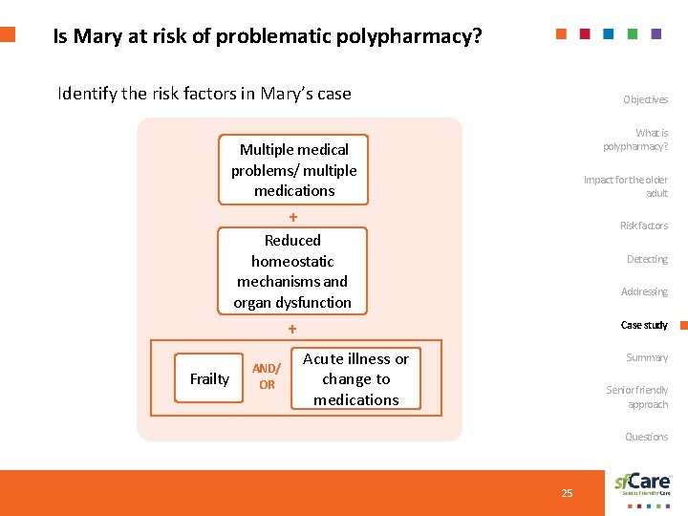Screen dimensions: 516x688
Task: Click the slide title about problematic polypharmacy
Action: [x=268, y=37]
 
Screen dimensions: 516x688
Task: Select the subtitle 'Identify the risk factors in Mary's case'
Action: [x=204, y=94]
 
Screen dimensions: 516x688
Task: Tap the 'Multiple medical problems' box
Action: [x=293, y=170]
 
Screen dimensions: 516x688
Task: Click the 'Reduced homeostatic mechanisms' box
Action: [x=292, y=271]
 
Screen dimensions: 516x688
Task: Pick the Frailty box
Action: [x=209, y=379]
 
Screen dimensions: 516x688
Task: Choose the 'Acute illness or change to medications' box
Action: [x=355, y=379]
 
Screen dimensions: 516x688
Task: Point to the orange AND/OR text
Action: [x=266, y=376]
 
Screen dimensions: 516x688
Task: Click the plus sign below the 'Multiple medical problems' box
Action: [x=293, y=217]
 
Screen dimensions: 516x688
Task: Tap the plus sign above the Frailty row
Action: [x=293, y=329]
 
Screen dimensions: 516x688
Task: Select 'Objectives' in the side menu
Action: [x=645, y=99]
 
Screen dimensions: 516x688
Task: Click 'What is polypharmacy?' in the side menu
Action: [x=635, y=140]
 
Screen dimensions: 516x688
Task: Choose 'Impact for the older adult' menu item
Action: [x=626, y=186]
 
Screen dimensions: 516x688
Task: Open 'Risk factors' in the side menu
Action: [x=644, y=226]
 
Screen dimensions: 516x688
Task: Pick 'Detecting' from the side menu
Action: [x=647, y=259]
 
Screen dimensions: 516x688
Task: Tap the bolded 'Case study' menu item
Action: [x=644, y=325]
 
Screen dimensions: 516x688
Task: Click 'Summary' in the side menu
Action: [x=647, y=357]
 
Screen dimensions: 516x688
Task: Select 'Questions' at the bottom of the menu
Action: [x=646, y=437]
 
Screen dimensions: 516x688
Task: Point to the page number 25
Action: [x=567, y=493]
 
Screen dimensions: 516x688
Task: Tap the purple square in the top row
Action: [x=656, y=33]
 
